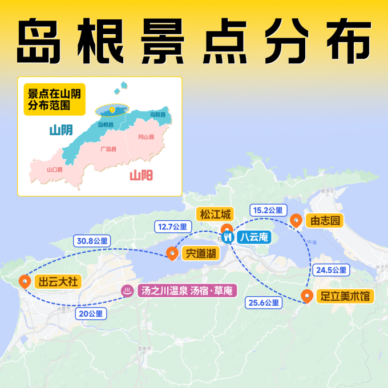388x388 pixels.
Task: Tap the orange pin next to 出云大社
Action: [25, 281]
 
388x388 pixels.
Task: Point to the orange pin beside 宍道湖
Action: [172, 253]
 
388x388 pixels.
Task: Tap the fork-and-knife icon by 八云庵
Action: [227, 237]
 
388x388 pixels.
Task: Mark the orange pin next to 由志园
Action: [296, 220]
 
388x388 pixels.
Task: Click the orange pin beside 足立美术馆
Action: [307, 296]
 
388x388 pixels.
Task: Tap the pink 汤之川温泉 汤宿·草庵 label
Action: [185, 290]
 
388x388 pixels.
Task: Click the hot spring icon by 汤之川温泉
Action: [126, 290]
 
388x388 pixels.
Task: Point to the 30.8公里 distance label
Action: [91, 241]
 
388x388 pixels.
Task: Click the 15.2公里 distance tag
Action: [267, 210]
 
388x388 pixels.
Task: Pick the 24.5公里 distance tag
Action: [330, 270]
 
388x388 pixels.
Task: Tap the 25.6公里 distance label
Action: [263, 302]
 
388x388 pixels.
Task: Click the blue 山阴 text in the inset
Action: [60, 130]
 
